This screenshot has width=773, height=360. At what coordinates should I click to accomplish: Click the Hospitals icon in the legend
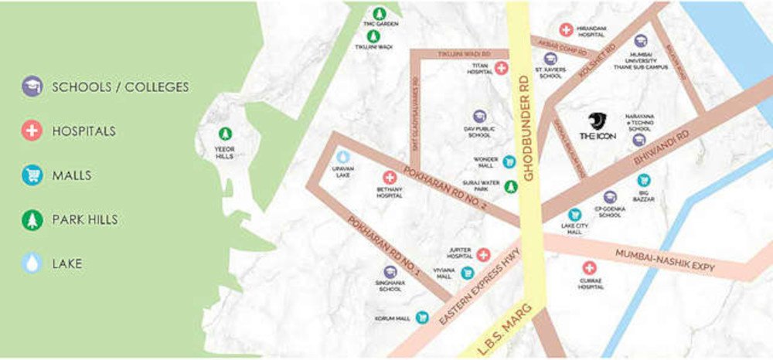click(x=32, y=131)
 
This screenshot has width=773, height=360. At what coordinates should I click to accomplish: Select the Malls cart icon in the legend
click(x=32, y=175)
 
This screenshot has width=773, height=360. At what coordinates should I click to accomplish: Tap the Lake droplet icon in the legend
click(x=32, y=263)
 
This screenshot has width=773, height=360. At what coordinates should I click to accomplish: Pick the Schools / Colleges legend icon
click(x=32, y=87)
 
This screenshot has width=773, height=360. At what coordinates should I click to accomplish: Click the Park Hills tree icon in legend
click(x=32, y=219)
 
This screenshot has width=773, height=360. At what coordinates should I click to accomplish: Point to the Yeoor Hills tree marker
click(x=225, y=133)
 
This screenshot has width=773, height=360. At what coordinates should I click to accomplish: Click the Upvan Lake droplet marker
click(x=343, y=156)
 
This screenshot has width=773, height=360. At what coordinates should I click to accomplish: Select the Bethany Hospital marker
click(x=388, y=178)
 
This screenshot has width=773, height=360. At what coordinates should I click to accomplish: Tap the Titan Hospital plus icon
click(x=501, y=68)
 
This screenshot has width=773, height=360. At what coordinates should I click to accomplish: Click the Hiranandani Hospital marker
click(x=567, y=29)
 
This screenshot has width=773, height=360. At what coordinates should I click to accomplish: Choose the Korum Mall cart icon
click(x=422, y=318)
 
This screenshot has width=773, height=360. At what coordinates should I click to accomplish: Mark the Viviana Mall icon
click(x=467, y=272)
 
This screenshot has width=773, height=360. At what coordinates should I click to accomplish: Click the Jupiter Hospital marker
click(x=483, y=254)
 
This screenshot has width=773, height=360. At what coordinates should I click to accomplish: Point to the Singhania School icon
click(x=390, y=272)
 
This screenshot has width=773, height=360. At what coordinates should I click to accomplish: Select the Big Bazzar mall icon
click(x=643, y=180)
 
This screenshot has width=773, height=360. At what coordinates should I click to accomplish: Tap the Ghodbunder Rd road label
click(x=529, y=127)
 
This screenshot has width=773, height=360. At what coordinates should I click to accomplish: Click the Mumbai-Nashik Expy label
click(x=665, y=260)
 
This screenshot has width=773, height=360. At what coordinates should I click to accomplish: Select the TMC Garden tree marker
click(x=379, y=13)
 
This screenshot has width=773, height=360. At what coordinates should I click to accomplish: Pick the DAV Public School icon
click(x=479, y=117)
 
